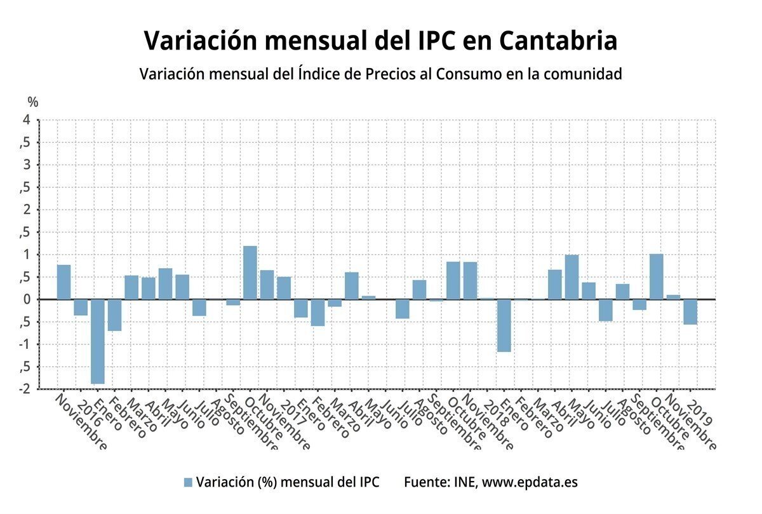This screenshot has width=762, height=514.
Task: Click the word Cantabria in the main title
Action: (558, 41)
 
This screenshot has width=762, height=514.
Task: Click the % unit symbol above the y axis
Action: (33, 102)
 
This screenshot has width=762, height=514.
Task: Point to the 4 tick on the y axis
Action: (27, 120)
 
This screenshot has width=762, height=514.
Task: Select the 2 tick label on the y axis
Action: (27, 210)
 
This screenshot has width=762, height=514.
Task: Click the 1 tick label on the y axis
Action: (27, 255)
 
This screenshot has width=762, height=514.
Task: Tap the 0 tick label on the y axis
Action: (27, 299)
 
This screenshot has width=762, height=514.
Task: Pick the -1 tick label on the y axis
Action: (25, 344)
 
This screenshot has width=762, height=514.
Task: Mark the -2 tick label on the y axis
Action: (25, 389)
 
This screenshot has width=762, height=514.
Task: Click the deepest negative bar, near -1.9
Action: (98, 341)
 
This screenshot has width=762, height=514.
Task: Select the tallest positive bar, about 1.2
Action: (250, 273)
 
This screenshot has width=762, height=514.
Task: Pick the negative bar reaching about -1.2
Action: (504, 325)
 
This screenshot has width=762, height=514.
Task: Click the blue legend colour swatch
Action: (187, 482)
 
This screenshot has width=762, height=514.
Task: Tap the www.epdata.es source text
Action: (530, 482)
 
